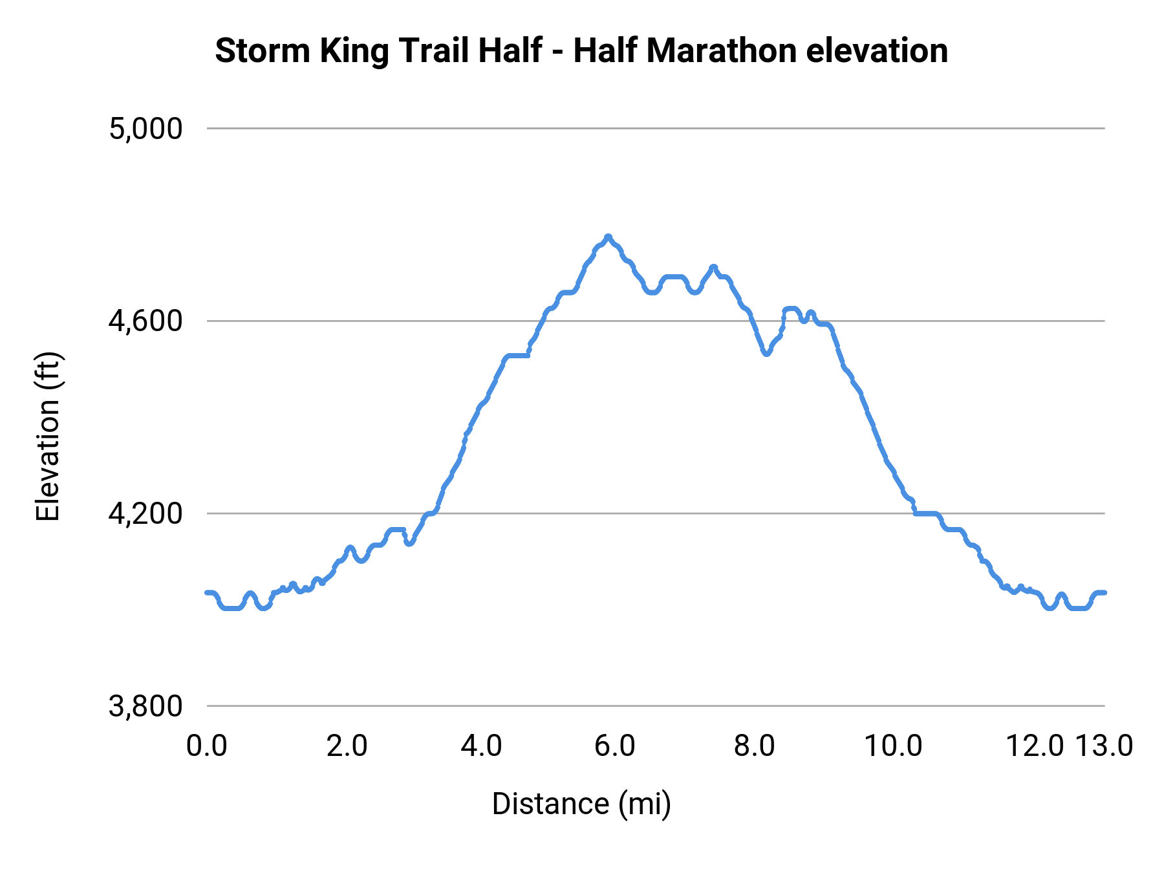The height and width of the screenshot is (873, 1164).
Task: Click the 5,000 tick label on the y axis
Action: coord(145,129)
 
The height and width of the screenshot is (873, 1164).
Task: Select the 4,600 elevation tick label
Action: coord(145,321)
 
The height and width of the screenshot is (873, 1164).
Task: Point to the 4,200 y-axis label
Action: coord(145,513)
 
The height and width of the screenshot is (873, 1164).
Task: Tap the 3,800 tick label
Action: coord(145,706)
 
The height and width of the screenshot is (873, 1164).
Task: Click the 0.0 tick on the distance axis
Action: coord(207,746)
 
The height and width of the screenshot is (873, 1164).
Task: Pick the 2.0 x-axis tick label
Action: coord(347,746)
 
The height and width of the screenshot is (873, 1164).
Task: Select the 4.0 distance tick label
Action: coord(481,746)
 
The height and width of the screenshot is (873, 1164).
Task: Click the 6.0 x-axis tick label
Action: coord(615,746)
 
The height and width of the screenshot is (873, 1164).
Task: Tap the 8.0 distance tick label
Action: coord(755,746)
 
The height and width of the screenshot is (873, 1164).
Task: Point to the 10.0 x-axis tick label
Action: coord(893,746)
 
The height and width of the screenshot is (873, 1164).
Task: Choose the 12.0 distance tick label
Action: coord(1035,746)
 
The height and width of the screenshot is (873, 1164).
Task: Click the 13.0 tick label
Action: coord(1104,746)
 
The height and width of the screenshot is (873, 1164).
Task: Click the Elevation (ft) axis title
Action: coord(48,436)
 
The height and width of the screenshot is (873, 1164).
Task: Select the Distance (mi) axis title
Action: coord(581,804)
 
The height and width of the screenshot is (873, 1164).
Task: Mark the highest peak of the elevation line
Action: coord(608,237)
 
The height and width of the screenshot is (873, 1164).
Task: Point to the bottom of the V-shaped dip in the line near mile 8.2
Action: coord(766,354)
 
